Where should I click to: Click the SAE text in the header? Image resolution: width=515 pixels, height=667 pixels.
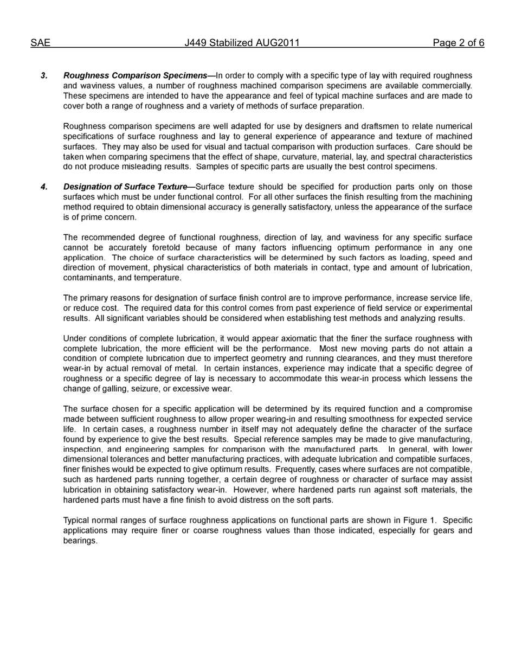[40, 43]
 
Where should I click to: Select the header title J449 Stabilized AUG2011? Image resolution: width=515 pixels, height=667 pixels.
[242, 43]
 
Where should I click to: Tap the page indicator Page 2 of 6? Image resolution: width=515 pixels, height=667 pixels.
[458, 43]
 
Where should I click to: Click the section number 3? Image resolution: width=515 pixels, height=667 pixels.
[44, 75]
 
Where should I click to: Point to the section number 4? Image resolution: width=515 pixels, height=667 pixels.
[44, 187]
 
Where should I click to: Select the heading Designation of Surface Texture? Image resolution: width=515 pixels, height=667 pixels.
[125, 187]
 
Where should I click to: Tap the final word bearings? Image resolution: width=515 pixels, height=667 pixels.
[80, 541]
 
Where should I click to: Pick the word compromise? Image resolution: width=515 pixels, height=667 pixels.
[449, 409]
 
